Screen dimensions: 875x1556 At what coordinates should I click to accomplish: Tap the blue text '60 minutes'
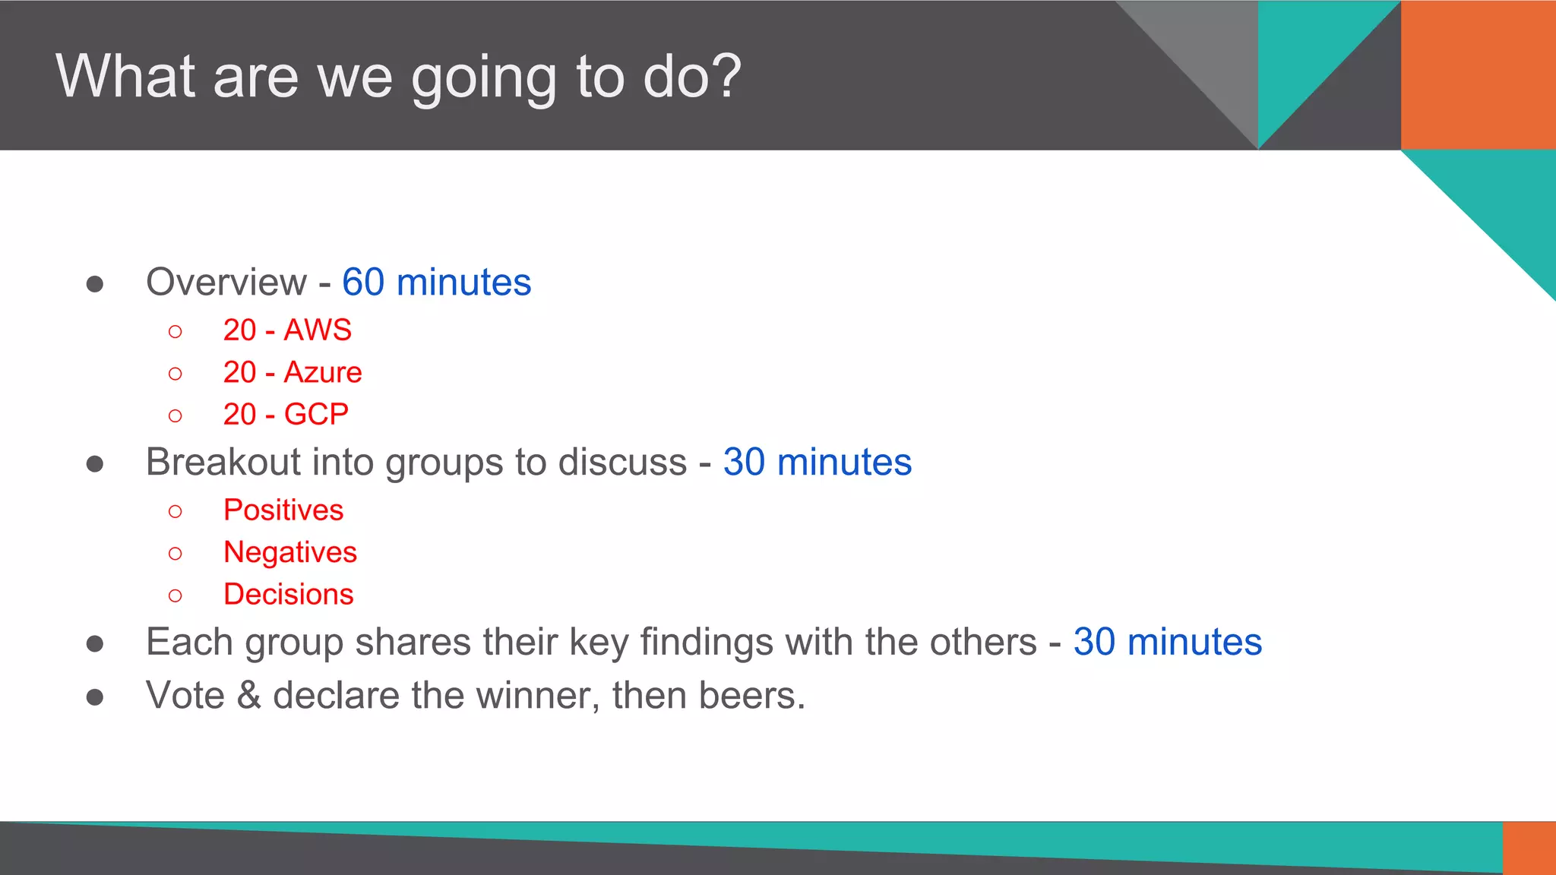436,283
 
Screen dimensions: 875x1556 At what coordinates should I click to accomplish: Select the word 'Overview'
226,283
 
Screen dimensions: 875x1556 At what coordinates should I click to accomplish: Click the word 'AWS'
318,330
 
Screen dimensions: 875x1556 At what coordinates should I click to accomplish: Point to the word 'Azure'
323,373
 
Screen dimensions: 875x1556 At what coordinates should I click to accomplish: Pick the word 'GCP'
316,415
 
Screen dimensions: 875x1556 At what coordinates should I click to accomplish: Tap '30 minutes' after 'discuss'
817,463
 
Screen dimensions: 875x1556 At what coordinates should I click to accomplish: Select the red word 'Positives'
283,510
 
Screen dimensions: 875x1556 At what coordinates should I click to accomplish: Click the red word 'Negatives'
289,552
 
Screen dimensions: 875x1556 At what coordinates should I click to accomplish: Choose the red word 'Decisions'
288,595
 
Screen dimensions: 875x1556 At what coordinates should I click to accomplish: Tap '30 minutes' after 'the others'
1167,643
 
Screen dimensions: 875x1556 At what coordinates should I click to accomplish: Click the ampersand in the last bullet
249,696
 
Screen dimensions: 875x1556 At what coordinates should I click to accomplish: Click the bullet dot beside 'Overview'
95,285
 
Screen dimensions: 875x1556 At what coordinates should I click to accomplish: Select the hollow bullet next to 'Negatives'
176,554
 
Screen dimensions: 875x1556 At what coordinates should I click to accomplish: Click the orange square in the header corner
1478,74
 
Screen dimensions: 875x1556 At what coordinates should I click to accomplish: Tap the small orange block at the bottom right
1529,848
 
